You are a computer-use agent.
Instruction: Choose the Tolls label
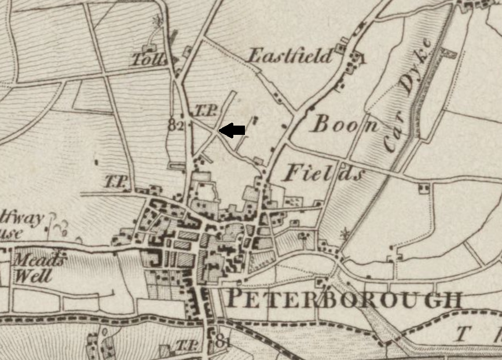[x=149, y=59]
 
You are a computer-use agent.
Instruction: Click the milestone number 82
[x=176, y=124]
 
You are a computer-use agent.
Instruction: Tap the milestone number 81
[x=223, y=343]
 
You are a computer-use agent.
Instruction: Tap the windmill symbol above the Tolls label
[x=156, y=22]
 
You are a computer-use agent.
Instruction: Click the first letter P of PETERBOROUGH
[x=234, y=299]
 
